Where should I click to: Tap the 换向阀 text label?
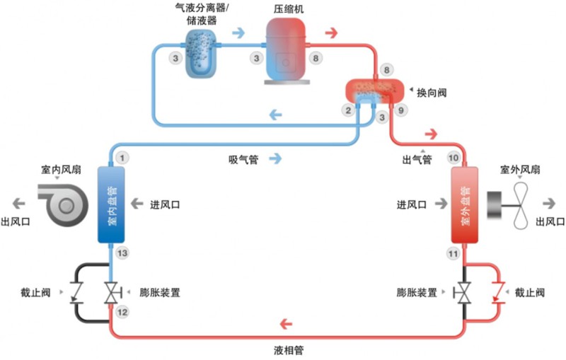tap(432, 93)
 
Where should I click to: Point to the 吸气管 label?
tap(243, 160)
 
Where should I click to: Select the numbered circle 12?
tap(123, 312)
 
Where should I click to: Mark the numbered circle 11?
tap(454, 253)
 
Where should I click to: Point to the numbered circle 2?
tap(347, 110)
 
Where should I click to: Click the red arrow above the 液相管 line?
tap(287, 325)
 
